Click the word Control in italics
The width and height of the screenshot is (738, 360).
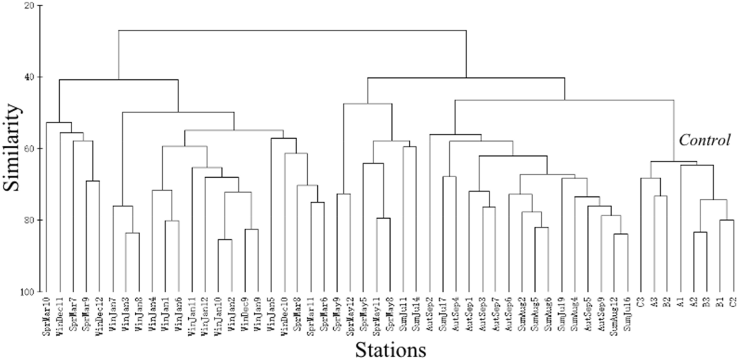704,140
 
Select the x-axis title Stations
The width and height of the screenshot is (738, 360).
390,349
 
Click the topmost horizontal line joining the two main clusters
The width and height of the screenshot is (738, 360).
292,30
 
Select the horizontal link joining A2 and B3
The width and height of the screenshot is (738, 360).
700,232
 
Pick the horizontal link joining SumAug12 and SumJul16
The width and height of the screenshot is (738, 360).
620,234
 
